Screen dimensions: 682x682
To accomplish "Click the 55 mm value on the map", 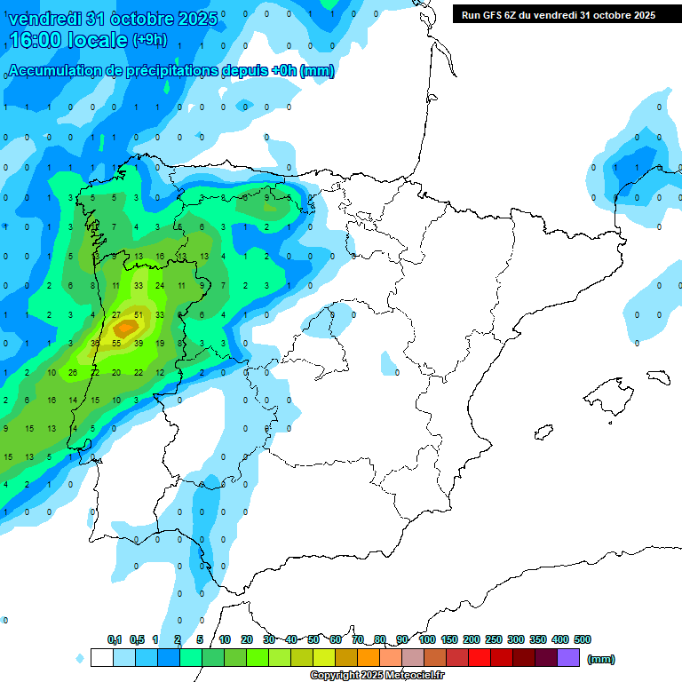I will (x=115, y=343).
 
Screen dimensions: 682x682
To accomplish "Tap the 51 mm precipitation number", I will (x=138, y=314).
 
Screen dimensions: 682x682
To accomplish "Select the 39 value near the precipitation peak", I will (x=138, y=343).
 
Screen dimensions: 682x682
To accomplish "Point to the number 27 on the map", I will (x=115, y=314).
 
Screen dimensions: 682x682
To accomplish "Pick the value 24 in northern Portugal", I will (x=160, y=285).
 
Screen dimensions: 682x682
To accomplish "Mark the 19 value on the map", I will (x=160, y=343).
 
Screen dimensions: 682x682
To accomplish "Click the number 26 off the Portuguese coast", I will (x=73, y=372).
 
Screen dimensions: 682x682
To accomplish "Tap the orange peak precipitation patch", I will (x=125, y=329).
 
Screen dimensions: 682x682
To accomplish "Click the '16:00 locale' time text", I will (x=67, y=40).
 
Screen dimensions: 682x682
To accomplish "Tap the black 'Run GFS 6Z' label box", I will (x=558, y=14).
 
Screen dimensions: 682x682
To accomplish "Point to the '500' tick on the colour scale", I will (x=583, y=639).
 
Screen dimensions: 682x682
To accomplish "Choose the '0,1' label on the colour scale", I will (x=115, y=639).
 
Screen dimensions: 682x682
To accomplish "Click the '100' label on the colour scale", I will (x=427, y=639).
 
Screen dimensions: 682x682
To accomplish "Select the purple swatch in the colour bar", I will (x=568, y=657).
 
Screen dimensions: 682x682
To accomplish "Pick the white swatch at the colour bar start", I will (x=101, y=657).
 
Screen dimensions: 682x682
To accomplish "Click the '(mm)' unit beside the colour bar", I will (x=600, y=659).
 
